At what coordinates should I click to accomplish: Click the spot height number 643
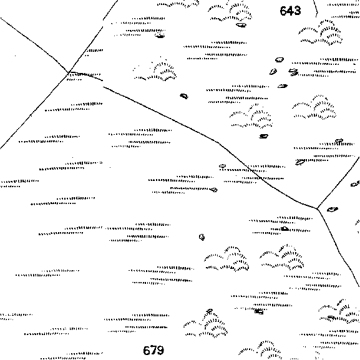290,11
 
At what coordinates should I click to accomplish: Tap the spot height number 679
153,350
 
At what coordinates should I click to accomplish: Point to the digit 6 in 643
283,11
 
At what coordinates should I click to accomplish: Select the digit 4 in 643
290,11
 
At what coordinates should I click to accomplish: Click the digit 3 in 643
298,11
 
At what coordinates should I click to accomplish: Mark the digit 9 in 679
161,350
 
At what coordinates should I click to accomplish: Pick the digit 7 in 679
153,350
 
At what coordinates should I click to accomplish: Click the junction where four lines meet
69,72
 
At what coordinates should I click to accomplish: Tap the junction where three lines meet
318,208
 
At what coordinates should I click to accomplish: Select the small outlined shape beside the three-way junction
332,209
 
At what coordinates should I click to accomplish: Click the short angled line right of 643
316,9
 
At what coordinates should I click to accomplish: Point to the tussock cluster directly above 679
206,324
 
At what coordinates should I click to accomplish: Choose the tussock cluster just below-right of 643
321,33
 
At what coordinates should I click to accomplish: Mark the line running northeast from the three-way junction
338,183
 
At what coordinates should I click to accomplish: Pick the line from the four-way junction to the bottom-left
34,110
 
